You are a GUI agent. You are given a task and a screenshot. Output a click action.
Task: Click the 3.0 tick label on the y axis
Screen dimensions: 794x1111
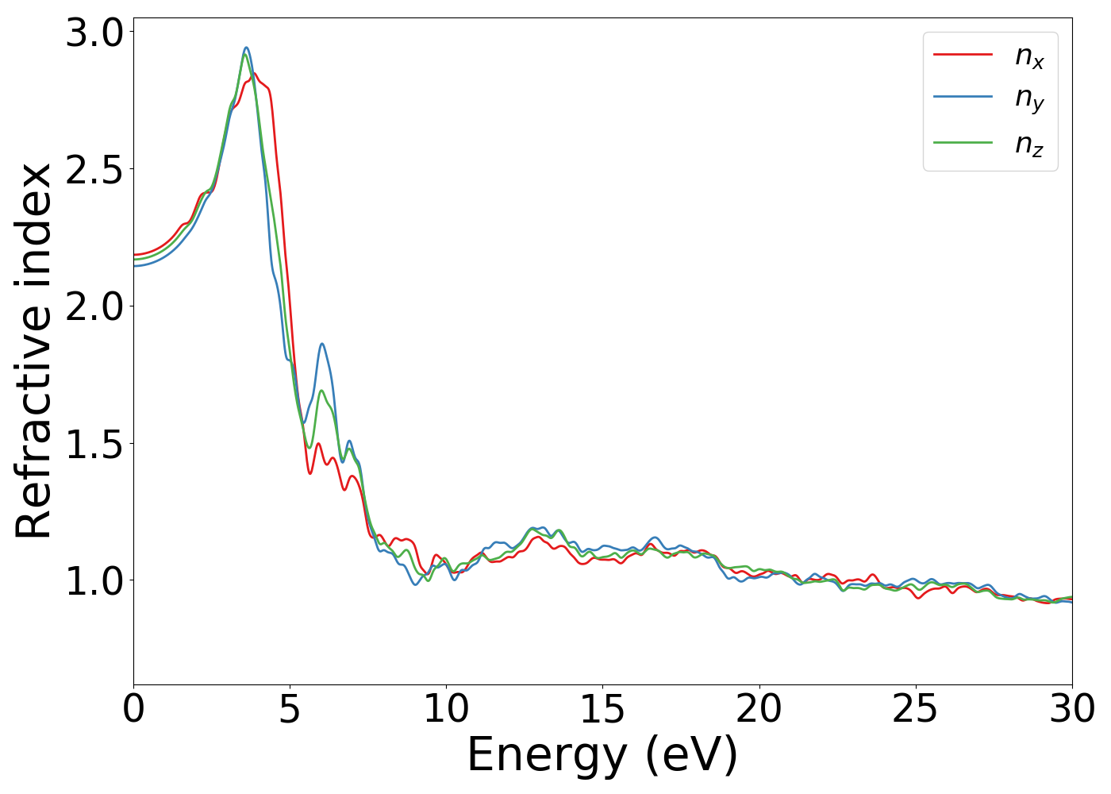pyautogui.click(x=94, y=33)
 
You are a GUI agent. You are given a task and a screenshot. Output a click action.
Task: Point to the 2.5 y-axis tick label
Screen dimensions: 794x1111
pyautogui.click(x=94, y=170)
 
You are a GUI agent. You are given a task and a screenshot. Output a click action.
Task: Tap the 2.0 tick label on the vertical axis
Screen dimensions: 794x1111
pyautogui.click(x=94, y=307)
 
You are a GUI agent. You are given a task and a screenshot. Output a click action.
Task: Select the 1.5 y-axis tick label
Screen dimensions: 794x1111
pyautogui.click(x=94, y=444)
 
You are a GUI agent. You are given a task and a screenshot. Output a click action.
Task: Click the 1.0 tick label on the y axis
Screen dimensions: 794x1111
pyautogui.click(x=94, y=581)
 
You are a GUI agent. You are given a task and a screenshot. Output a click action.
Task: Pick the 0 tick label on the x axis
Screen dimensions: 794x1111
pyautogui.click(x=133, y=709)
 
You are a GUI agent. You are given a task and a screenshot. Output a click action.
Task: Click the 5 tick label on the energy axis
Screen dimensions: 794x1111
pyautogui.click(x=290, y=709)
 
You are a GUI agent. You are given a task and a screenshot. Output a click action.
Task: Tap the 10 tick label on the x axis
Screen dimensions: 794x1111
pyautogui.click(x=446, y=709)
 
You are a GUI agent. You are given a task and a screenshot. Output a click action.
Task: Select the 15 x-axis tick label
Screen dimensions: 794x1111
pyautogui.click(x=602, y=709)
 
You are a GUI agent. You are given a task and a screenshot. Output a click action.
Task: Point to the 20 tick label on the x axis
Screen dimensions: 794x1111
pyautogui.click(x=759, y=709)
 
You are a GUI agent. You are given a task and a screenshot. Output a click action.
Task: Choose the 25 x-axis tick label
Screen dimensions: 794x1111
pyautogui.click(x=916, y=709)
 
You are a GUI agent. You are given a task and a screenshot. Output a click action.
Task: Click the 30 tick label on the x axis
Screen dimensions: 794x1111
pyautogui.click(x=1072, y=709)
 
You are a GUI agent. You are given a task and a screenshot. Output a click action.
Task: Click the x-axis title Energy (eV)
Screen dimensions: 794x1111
pyautogui.click(x=602, y=755)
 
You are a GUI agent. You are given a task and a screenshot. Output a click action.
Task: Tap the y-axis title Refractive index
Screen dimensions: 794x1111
pyautogui.click(x=34, y=351)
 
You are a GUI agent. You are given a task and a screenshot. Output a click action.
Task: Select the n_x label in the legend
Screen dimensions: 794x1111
pyautogui.click(x=1029, y=56)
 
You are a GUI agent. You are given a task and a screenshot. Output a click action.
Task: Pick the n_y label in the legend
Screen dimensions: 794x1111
pyautogui.click(x=1029, y=98)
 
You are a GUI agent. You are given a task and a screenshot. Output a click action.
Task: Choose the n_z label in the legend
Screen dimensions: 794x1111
pyautogui.click(x=1029, y=144)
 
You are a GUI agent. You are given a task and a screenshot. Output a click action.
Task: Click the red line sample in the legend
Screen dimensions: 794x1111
pyautogui.click(x=963, y=54)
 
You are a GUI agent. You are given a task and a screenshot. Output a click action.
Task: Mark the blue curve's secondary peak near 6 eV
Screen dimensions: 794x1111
pyautogui.click(x=321, y=344)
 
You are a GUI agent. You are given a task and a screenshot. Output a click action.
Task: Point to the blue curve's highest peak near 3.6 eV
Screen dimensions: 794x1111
pyautogui.click(x=246, y=48)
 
